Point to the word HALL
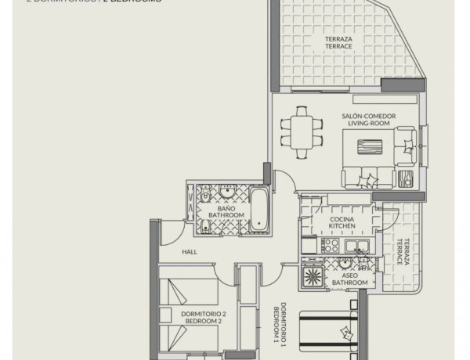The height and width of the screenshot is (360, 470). coord(189,252)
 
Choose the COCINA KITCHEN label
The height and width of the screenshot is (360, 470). coord(342,221)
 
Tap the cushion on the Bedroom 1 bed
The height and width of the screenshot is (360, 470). coord(344,333)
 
